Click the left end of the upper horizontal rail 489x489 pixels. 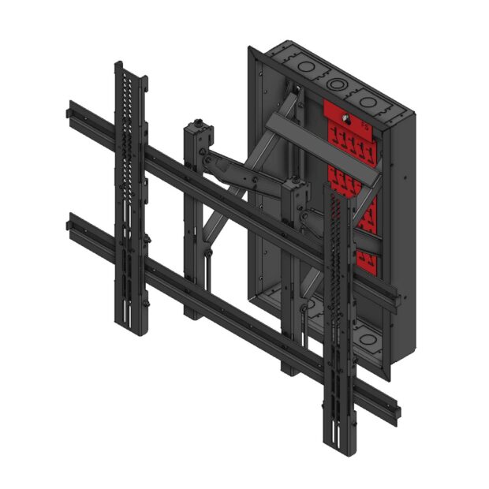coord(72,110)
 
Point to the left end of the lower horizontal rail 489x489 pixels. coord(72,222)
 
